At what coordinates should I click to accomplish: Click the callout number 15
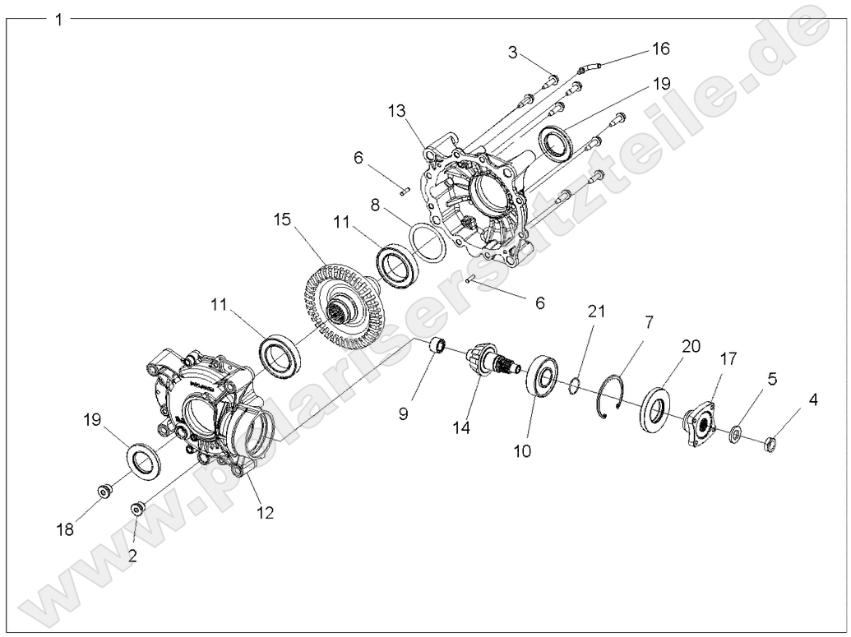[282, 219]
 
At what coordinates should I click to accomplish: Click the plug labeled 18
[104, 492]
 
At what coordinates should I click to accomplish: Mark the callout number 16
[660, 48]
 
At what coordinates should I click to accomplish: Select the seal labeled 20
[657, 408]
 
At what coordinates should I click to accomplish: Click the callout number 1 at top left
[58, 19]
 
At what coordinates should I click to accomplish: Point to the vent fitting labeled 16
[590, 64]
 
